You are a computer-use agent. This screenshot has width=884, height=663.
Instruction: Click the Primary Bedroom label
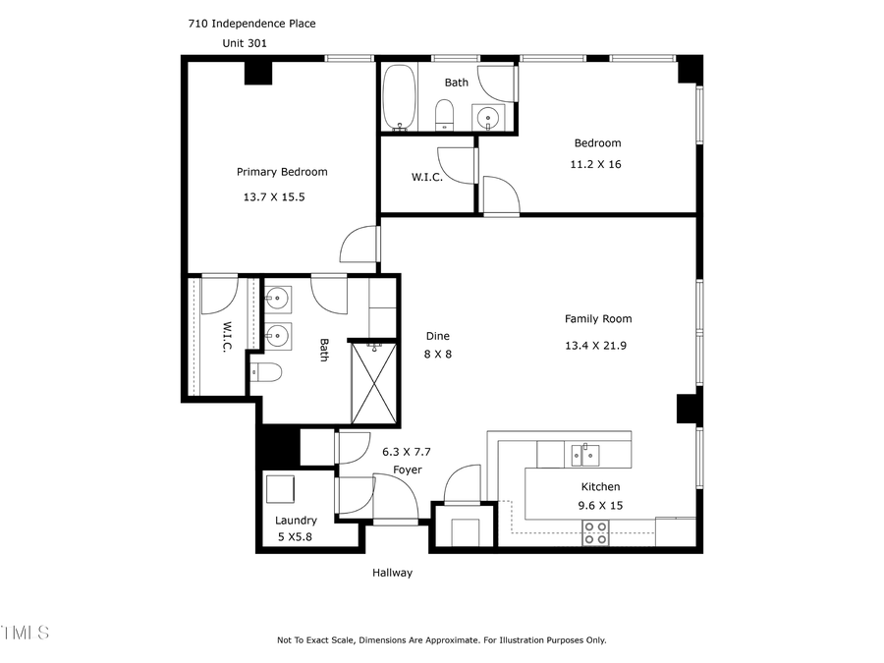tap(282, 172)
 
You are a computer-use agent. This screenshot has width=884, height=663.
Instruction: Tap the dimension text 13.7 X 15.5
tap(274, 196)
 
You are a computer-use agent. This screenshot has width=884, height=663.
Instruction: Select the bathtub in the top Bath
tap(400, 97)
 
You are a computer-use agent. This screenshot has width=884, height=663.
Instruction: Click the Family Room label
tap(597, 318)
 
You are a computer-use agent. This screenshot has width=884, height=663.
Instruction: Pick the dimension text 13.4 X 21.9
tap(595, 345)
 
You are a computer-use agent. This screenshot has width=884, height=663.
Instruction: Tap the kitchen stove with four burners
tap(595, 532)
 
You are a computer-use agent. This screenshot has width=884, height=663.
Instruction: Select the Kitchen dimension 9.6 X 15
tap(599, 506)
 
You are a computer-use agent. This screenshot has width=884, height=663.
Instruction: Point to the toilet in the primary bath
tap(266, 372)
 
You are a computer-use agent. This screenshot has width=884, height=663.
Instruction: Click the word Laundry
tap(296, 521)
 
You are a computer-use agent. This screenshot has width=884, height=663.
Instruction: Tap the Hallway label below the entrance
tap(392, 573)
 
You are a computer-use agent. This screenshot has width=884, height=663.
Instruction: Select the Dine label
tap(437, 336)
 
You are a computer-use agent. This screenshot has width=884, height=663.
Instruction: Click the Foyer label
tap(408, 470)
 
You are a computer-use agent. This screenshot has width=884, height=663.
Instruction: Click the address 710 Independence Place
tap(251, 23)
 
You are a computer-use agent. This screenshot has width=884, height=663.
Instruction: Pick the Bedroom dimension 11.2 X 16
tap(597, 165)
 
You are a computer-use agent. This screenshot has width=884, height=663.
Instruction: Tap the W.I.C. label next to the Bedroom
tap(426, 177)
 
